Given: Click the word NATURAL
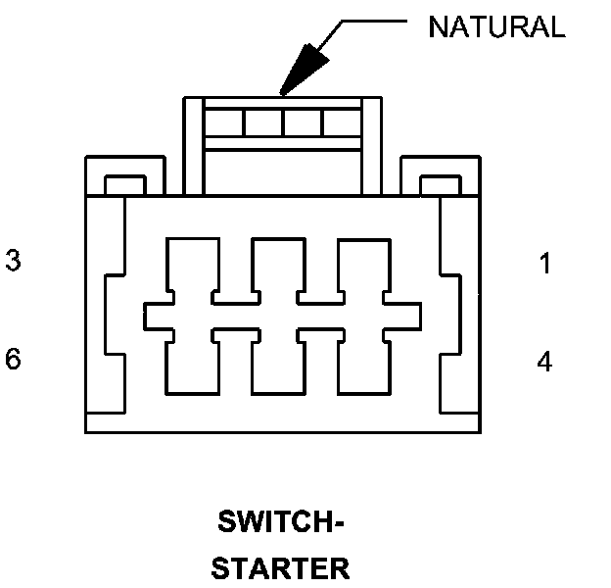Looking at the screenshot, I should pos(496,26).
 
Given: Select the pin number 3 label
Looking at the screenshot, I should pos(13,262).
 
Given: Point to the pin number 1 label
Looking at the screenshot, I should pos(544,264).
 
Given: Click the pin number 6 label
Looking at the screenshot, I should pos(13,359).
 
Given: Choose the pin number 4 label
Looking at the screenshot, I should pos(544,362).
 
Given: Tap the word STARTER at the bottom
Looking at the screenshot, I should pos(281,568).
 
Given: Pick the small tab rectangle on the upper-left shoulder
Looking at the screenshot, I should pos(124,185).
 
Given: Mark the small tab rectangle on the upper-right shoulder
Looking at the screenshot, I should pos(440,185).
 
